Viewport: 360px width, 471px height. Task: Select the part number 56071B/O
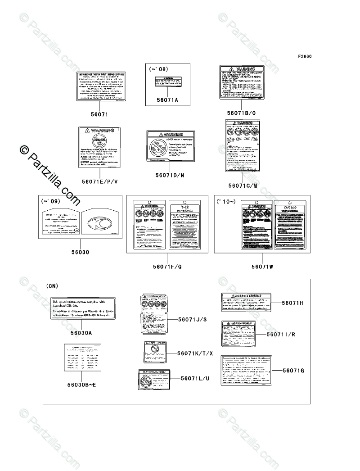pyautogui.click(x=242, y=113)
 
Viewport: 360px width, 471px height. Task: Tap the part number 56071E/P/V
pyautogui.click(x=99, y=181)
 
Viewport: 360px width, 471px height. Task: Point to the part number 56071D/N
pyautogui.click(x=170, y=174)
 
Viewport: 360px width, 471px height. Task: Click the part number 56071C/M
pyautogui.click(x=243, y=185)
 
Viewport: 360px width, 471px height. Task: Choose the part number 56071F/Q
pyautogui.click(x=167, y=267)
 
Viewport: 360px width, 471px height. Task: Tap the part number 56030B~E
pyautogui.click(x=81, y=385)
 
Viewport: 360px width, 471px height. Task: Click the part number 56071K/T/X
pyautogui.click(x=195, y=353)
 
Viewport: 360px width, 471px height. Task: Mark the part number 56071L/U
pyautogui.click(x=195, y=379)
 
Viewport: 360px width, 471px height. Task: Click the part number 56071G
pyautogui.click(x=293, y=371)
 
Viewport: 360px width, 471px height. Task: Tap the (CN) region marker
pyautogui.click(x=52, y=286)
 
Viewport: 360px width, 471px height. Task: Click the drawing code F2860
pyautogui.click(x=305, y=57)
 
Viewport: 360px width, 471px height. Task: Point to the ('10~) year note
pyautogui.click(x=226, y=201)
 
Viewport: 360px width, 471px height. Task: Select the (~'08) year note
pyautogui.click(x=158, y=69)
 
